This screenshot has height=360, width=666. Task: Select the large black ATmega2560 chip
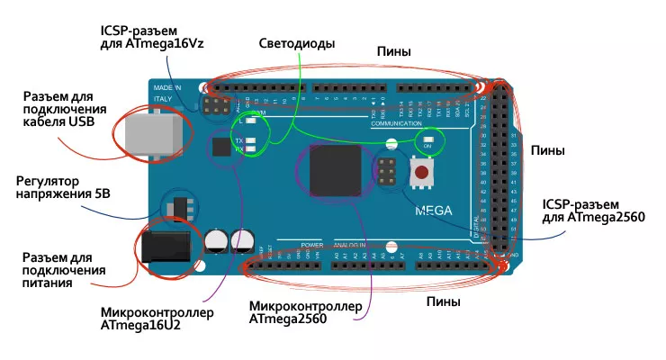[x=334, y=172]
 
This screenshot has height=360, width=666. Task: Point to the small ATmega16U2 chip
[x=220, y=147]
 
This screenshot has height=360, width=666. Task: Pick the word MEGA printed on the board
[x=433, y=212]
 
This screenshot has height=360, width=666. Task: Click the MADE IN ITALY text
[x=163, y=93]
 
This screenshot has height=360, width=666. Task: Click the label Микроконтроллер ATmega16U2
[x=157, y=319]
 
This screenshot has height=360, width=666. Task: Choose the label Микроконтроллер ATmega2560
[x=306, y=312]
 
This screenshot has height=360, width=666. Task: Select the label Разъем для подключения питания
[x=63, y=270]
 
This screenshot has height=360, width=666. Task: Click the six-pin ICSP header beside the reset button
[x=389, y=171]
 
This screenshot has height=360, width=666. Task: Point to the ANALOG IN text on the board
[x=352, y=245]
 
